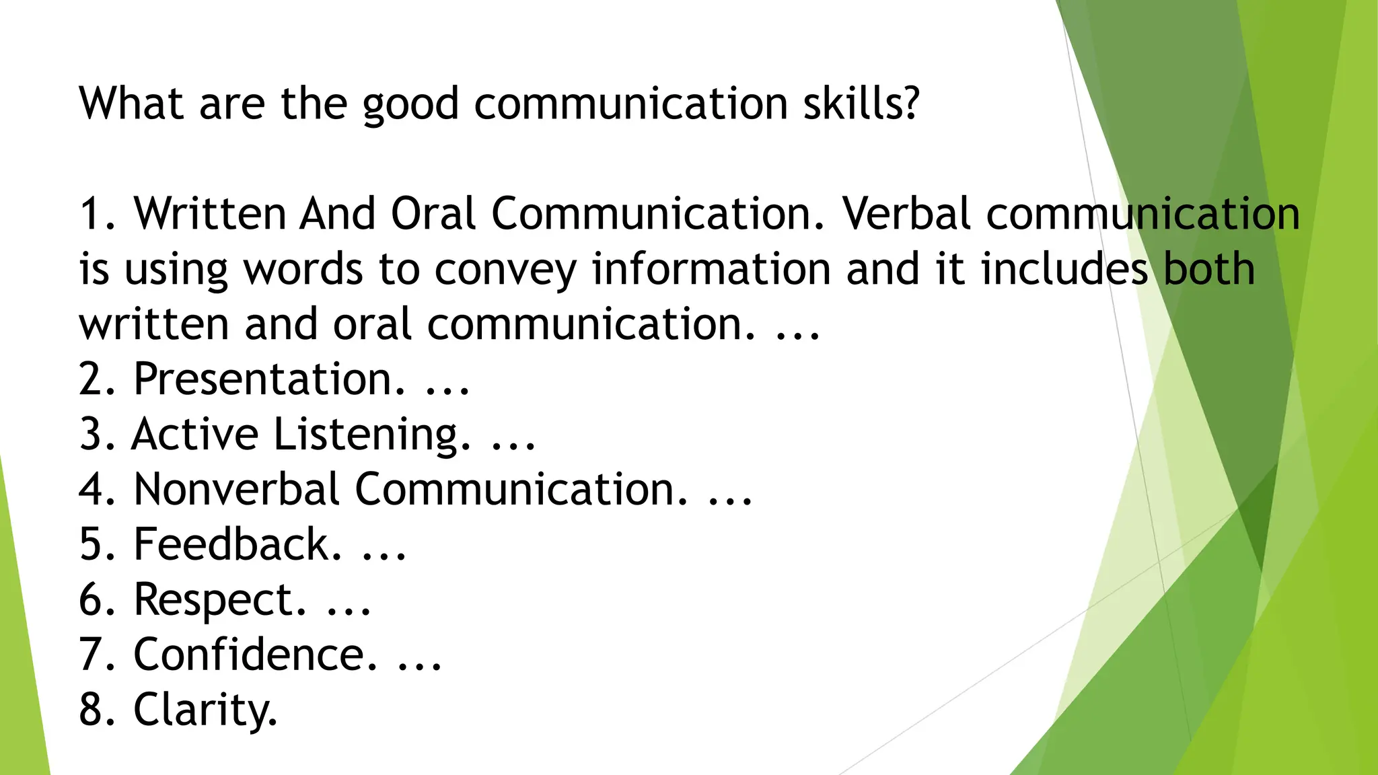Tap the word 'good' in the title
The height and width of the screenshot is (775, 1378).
click(x=410, y=105)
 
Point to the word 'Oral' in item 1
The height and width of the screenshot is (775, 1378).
click(x=433, y=214)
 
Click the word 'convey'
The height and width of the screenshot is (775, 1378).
click(x=505, y=270)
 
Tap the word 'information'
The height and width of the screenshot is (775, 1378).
click(x=711, y=269)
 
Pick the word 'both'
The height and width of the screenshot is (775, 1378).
click(x=1209, y=269)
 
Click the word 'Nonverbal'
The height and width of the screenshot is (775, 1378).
click(x=236, y=489)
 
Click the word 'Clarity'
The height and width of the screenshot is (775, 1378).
click(x=205, y=710)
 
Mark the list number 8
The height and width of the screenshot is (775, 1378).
click(x=91, y=710)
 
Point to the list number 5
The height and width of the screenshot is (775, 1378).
click(x=91, y=544)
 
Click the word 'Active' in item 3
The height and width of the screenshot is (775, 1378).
click(x=195, y=434)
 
